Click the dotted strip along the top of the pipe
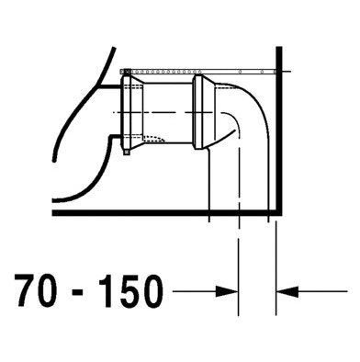point(202,69)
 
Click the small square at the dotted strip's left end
point(128,69)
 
